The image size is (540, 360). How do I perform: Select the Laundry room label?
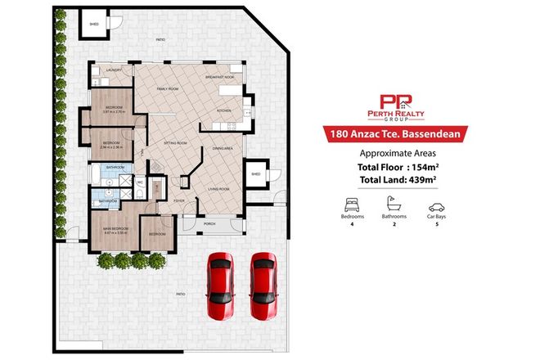click(114, 71)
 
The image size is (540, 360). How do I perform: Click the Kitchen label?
click(224, 110)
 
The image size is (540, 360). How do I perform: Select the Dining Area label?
click(223, 148)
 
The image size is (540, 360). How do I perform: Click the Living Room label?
click(218, 189)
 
